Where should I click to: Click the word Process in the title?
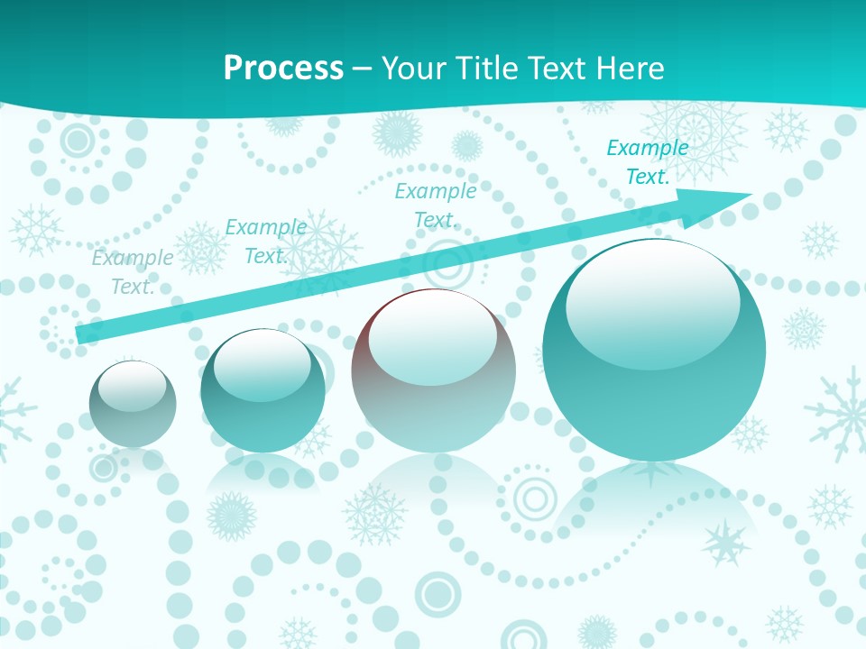(x=283, y=68)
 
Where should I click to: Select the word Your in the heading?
(x=413, y=68)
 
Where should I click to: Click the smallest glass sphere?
(x=133, y=404)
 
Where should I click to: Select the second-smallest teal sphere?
(x=263, y=391)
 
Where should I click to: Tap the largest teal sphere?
(x=654, y=350)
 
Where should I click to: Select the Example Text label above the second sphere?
(x=265, y=242)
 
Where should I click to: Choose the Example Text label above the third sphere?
(x=436, y=206)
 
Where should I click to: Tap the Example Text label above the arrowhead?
(x=648, y=162)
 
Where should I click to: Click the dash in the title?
(x=363, y=69)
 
